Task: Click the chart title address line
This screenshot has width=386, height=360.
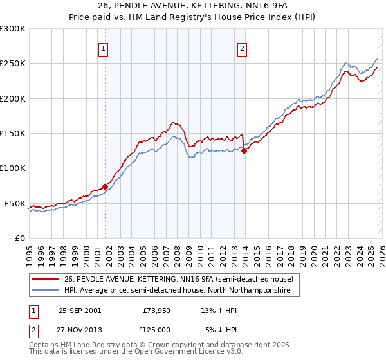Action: tap(192, 6)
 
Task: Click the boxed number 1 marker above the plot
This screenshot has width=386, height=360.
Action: tap(104, 47)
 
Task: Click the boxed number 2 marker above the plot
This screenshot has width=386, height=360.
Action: tap(243, 47)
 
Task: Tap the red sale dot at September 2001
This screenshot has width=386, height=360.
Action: tap(105, 186)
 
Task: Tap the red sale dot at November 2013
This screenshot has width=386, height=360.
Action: tap(244, 151)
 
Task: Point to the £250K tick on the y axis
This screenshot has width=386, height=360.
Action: tap(13, 64)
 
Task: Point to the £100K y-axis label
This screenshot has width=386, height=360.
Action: tap(13, 168)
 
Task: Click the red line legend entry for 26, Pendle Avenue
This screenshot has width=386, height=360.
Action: tap(179, 279)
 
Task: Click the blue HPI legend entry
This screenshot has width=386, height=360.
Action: tap(178, 291)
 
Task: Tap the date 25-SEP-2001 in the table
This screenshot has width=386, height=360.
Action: tap(80, 310)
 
